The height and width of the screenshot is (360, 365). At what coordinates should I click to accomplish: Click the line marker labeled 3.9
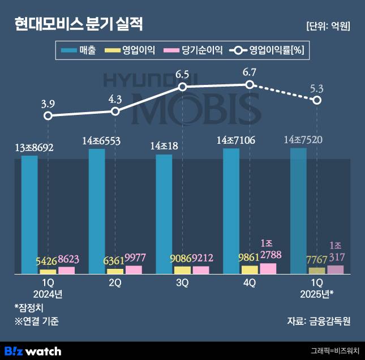48,115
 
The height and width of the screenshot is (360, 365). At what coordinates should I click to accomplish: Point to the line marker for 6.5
182,87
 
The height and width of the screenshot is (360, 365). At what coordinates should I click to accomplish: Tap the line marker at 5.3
317,100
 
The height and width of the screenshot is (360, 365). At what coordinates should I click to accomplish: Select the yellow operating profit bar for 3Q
182,270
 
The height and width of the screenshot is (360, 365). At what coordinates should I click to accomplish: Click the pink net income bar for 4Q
268,268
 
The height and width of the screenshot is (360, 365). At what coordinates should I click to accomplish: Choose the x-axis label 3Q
182,283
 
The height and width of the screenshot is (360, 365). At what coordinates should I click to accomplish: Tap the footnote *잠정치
29,307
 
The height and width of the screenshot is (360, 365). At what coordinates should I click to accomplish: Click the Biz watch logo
32,350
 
